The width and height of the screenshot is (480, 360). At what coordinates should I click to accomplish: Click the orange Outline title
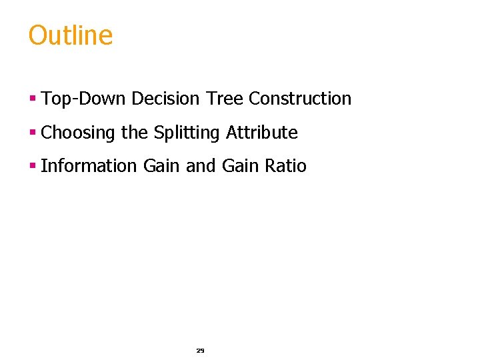pos(71,35)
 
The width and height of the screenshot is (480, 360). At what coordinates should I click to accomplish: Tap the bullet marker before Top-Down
pos(31,99)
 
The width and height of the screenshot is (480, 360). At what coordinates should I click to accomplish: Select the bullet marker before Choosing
pos(31,133)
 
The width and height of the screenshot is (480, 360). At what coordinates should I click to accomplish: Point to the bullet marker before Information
pos(31,166)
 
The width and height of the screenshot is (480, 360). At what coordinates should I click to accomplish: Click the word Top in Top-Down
pos(53,99)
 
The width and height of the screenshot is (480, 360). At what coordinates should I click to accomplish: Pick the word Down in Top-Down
pos(99,99)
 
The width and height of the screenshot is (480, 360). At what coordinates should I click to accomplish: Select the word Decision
pos(165,99)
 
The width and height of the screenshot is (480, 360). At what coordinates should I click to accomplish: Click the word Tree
pos(224,99)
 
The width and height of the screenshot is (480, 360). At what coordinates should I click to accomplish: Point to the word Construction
pos(299,99)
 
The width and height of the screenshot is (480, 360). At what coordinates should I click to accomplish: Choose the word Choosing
pos(78,133)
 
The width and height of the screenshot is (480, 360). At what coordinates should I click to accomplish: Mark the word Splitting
pos(186,133)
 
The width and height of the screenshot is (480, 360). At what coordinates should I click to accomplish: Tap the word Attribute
pos(261,133)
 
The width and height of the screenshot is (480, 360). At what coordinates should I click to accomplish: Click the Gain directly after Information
pos(161,166)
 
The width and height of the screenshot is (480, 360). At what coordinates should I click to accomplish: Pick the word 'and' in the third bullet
pos(201,166)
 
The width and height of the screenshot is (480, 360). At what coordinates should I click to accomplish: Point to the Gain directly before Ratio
pos(240,166)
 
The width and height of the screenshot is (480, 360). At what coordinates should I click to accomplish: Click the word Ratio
pos(285,166)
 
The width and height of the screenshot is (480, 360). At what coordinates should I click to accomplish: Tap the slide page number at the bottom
pos(200,350)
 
